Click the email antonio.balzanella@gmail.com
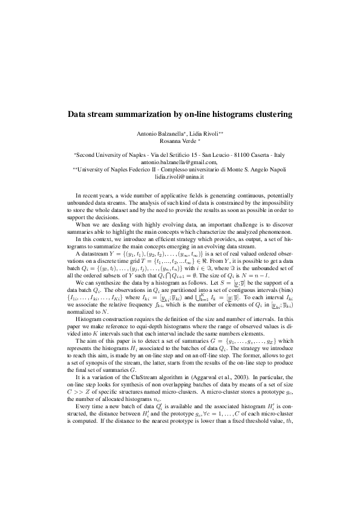click(179, 162)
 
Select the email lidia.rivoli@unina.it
click(180, 177)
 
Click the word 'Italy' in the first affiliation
click(279, 155)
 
